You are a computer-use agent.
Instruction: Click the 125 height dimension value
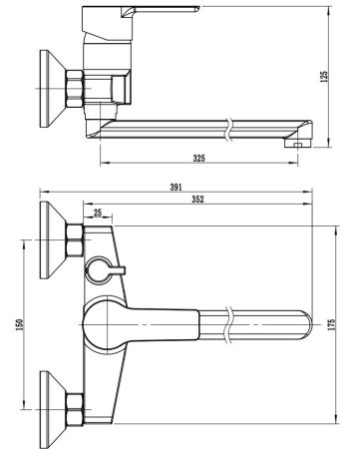324,78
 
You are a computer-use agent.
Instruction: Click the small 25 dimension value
97,214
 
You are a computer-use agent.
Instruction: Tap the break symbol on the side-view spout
231,128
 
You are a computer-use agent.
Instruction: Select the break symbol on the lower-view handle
231,325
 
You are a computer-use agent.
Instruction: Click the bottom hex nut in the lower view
75,409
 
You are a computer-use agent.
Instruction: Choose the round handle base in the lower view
105,324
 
